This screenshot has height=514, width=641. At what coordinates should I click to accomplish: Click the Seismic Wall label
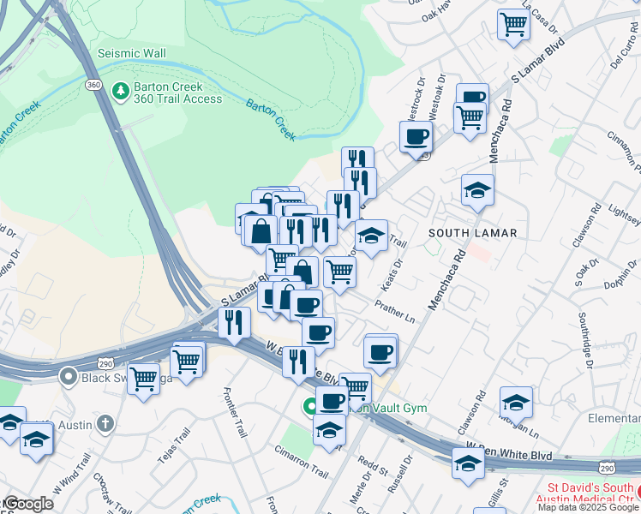click(131, 53)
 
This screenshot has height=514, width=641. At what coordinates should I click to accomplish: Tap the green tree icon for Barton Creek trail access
click(121, 89)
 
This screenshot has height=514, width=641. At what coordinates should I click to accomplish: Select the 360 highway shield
click(93, 86)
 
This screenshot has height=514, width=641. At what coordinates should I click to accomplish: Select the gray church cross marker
click(105, 423)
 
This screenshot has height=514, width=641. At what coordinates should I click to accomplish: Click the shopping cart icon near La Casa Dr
click(513, 24)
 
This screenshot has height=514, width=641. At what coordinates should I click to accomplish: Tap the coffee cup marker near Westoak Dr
click(416, 135)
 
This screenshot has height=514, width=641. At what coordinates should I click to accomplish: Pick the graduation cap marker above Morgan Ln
click(516, 401)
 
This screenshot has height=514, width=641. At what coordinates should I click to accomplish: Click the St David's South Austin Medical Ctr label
click(587, 495)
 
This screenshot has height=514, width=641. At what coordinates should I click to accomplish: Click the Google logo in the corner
click(28, 504)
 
